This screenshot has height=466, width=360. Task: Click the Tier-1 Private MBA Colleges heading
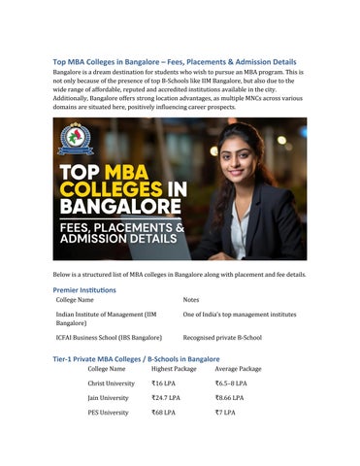click(136, 358)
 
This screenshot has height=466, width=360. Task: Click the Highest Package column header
click(174, 369)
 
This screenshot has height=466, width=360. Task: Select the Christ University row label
click(111, 383)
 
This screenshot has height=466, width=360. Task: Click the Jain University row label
click(107, 398)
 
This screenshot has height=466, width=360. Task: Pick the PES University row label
click(107, 413)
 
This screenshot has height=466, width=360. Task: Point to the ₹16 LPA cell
click(164, 383)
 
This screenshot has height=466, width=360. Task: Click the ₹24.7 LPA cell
click(167, 398)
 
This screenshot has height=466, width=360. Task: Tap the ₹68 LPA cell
click(164, 413)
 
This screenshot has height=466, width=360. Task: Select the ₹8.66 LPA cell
click(230, 398)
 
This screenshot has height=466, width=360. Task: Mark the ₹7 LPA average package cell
click(225, 413)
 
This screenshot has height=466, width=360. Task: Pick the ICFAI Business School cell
click(109, 337)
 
